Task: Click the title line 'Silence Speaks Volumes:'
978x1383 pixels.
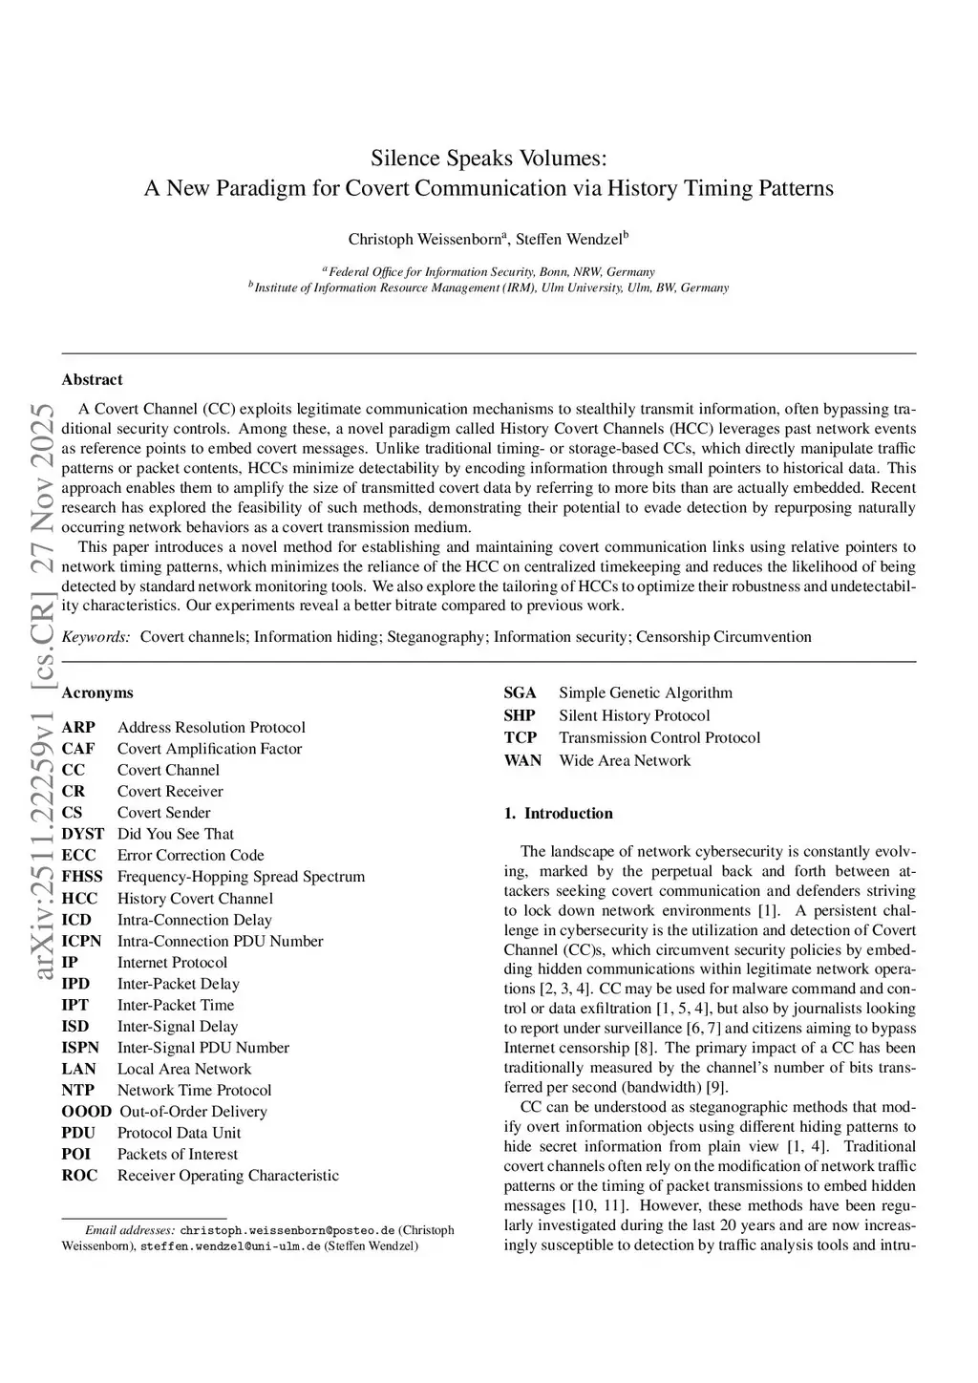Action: pyautogui.click(x=488, y=158)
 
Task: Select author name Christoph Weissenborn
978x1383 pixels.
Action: pyautogui.click(x=424, y=239)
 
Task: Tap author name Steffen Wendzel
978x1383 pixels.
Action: pyautogui.click(x=569, y=239)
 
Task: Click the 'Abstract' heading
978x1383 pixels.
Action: pyautogui.click(x=92, y=379)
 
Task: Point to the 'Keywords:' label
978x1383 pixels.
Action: pyautogui.click(x=96, y=637)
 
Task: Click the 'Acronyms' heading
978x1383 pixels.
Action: pyautogui.click(x=97, y=692)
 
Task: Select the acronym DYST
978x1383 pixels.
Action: pyautogui.click(x=82, y=834)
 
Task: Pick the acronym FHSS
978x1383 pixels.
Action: pyautogui.click(x=81, y=876)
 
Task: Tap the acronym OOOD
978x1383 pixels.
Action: pyautogui.click(x=86, y=1112)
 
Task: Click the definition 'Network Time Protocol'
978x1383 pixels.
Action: pyautogui.click(x=194, y=1090)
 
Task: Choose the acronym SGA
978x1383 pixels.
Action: pyautogui.click(x=520, y=692)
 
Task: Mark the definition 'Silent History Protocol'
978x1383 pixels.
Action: pyautogui.click(x=634, y=715)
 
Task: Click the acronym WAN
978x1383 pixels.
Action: pyautogui.click(x=522, y=760)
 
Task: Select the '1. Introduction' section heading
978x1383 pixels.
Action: pyautogui.click(x=559, y=814)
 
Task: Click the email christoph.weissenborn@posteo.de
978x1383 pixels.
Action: pyautogui.click(x=287, y=1230)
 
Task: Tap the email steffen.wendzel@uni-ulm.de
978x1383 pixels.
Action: pyautogui.click(x=230, y=1245)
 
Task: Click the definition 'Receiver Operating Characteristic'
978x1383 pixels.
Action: pyautogui.click(x=227, y=1175)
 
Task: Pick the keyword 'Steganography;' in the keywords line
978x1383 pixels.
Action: pyautogui.click(x=437, y=637)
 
